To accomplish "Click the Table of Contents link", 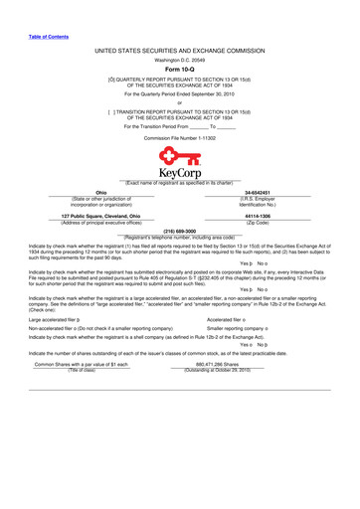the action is point(48,36).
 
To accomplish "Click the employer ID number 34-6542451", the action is point(258,192).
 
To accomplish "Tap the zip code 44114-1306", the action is point(258,215).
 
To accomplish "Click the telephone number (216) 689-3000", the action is point(180,230).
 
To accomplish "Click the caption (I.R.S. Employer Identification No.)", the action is point(258,201).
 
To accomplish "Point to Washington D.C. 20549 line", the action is point(179,59).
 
